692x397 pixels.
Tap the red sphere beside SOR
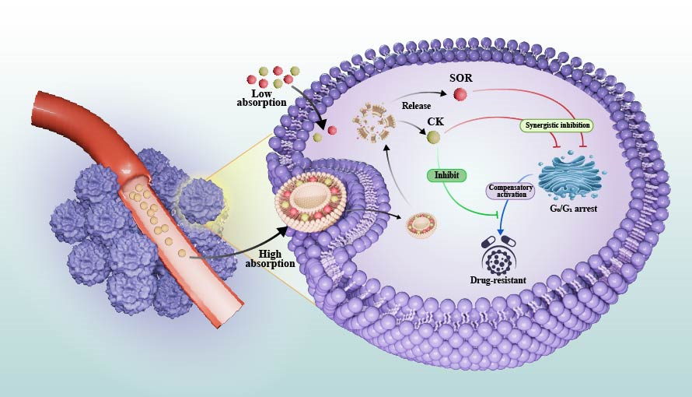460,95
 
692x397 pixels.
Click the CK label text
435,121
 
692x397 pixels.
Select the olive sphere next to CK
433,137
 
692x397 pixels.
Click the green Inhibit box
446,175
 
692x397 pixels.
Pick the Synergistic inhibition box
556,125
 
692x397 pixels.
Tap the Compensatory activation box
511,190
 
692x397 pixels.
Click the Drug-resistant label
498,278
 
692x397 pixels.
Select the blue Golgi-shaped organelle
569,175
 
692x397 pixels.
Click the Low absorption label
261,98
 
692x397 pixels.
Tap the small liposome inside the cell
422,225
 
